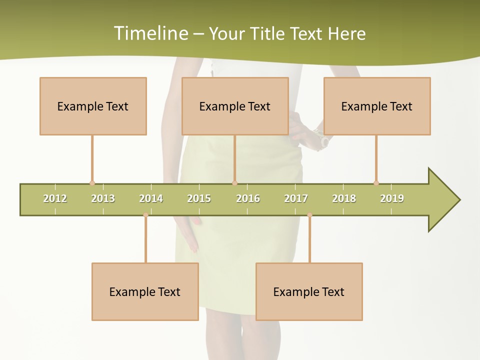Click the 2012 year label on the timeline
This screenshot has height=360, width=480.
click(x=55, y=198)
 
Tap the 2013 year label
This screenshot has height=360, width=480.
click(x=103, y=198)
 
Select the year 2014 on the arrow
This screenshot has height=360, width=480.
click(x=151, y=198)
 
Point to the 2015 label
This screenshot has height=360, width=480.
click(x=199, y=198)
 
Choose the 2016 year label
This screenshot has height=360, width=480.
click(x=248, y=198)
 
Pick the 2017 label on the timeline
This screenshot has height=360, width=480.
click(x=296, y=198)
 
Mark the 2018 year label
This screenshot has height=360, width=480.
click(x=344, y=198)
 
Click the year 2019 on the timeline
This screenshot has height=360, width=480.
click(x=392, y=198)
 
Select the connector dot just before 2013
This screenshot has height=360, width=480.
click(x=92, y=183)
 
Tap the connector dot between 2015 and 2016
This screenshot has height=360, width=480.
click(x=234, y=183)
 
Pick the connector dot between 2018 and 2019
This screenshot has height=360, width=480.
click(x=376, y=183)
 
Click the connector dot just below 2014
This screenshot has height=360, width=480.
click(x=145, y=215)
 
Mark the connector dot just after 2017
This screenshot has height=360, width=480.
click(x=309, y=215)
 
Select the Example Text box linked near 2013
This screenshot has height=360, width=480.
click(x=93, y=106)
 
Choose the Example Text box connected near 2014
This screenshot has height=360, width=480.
click(x=145, y=291)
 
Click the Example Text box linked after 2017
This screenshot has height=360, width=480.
click(x=309, y=291)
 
